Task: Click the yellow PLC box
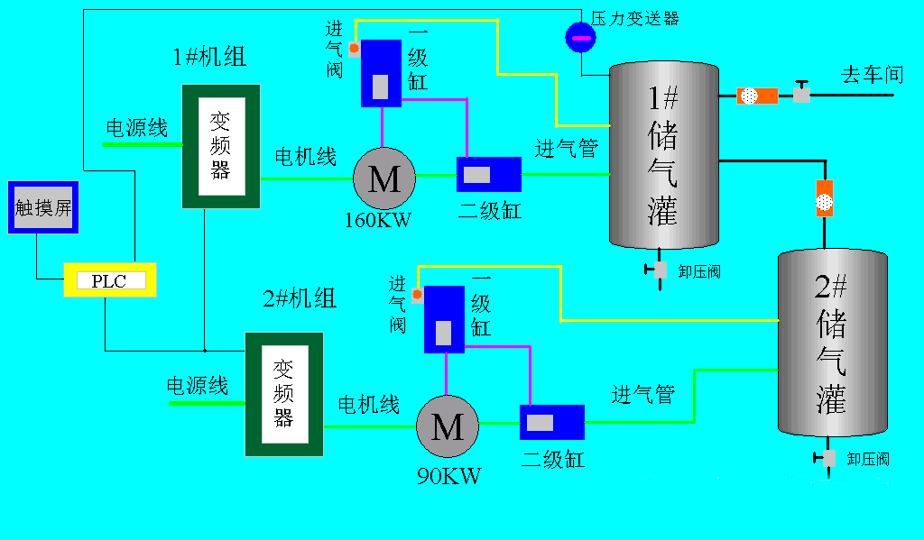110,280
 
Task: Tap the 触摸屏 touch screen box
43,207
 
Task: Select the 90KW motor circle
447,425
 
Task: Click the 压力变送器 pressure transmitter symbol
579,37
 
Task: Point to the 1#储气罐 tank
664,154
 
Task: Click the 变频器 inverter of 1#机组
221,146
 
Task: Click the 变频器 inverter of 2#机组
284,394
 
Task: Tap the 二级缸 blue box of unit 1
488,174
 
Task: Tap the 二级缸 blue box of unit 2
551,422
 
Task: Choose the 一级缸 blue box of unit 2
444,320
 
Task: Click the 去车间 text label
872,74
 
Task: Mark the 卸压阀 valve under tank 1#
660,270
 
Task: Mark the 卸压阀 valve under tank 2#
828,458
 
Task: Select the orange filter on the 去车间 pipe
757,96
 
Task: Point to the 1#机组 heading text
209,58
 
